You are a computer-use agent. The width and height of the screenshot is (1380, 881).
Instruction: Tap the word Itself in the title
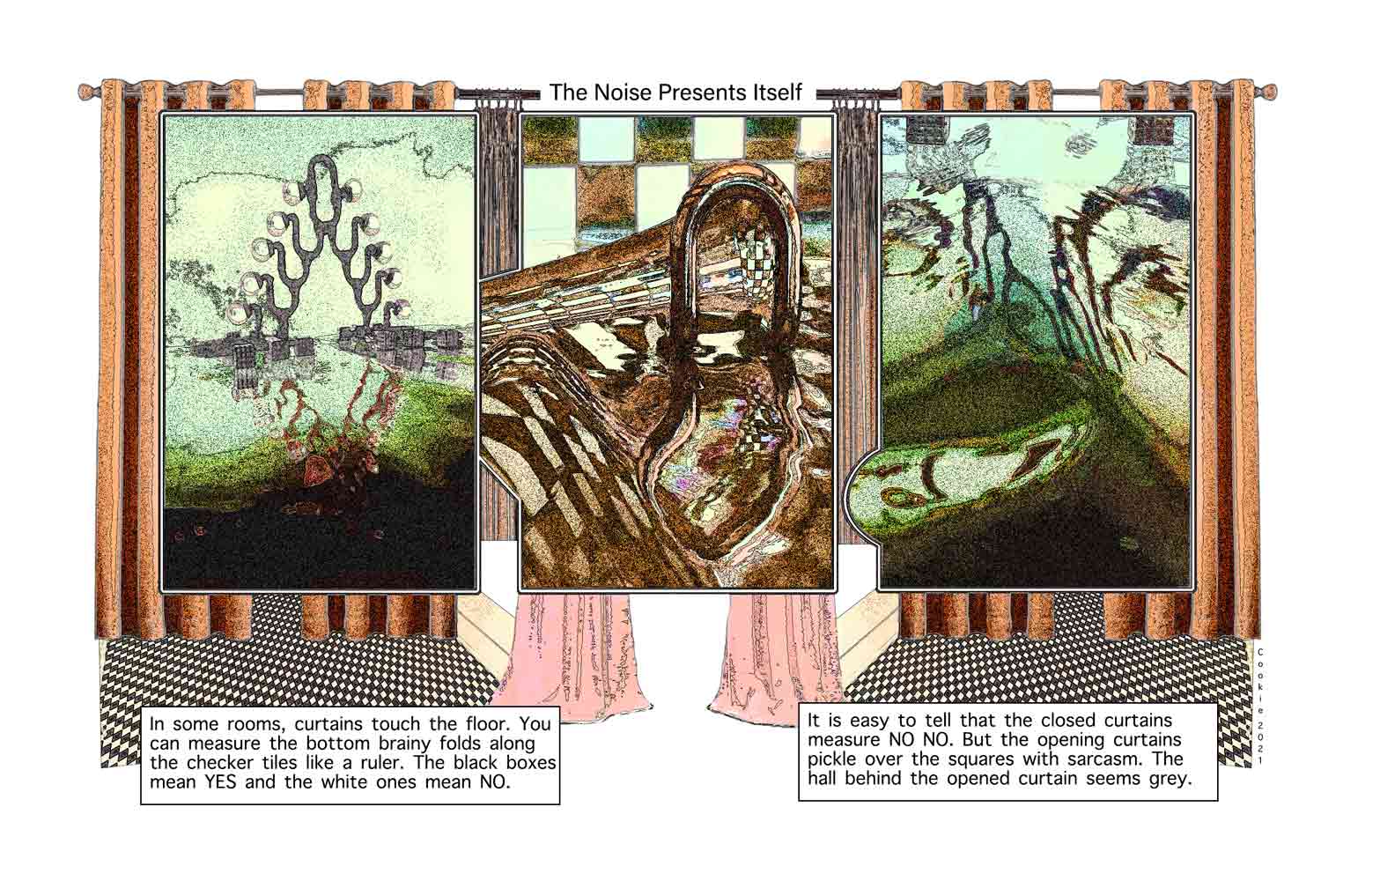[x=774, y=93]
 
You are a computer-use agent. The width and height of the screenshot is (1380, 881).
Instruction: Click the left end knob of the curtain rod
[x=86, y=93]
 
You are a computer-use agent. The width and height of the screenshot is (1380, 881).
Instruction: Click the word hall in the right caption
[x=823, y=778]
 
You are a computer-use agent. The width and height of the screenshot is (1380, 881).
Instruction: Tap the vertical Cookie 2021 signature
[x=1260, y=707]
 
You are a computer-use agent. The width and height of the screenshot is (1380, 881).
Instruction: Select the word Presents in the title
[x=699, y=93]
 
